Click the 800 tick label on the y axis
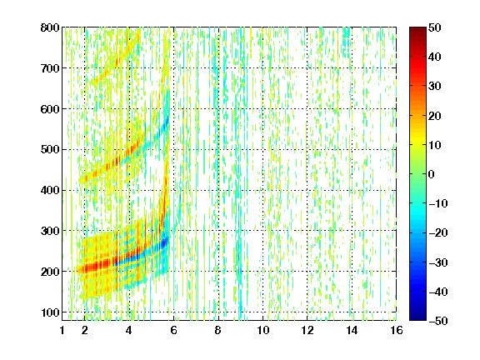(x=50, y=27)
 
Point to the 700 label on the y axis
(x=50, y=68)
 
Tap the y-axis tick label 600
(x=50, y=109)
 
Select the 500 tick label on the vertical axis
(x=50, y=150)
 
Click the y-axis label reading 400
(x=50, y=190)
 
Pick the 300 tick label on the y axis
(x=50, y=231)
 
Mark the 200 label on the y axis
(x=50, y=272)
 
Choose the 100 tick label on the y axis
(x=50, y=312)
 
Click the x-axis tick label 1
(x=62, y=330)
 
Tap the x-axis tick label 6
(x=174, y=330)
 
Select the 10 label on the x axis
(x=263, y=330)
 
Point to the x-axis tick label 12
(x=307, y=330)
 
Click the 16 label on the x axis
(x=397, y=330)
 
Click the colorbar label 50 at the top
(x=434, y=27)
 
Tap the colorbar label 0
(x=432, y=174)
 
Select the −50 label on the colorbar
(x=438, y=321)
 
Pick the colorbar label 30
(x=434, y=87)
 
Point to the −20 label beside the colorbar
(x=438, y=232)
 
